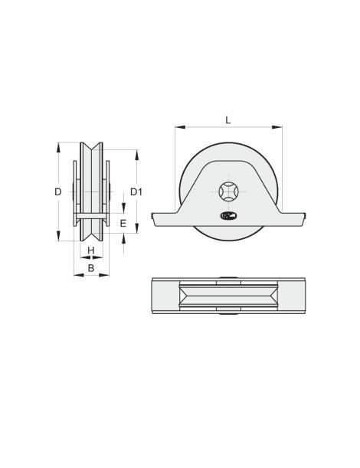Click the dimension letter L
point(228,119)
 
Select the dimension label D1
point(136,191)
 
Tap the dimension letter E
point(123,224)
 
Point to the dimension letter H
point(90,250)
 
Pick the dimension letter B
point(90,268)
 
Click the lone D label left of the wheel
point(58,192)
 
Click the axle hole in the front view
point(228,191)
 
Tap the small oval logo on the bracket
point(228,217)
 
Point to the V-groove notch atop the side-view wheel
point(90,146)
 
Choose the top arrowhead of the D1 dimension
point(136,152)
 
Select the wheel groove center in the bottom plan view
point(228,296)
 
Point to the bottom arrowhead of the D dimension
point(58,238)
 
